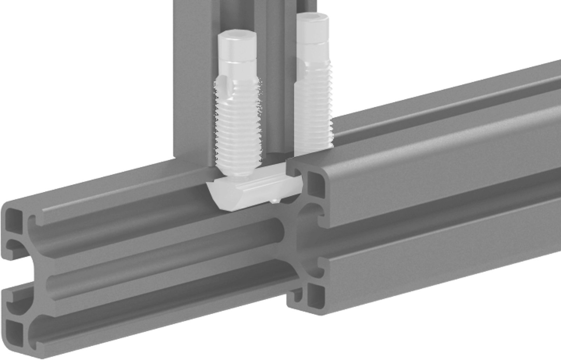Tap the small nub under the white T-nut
tap(275, 201)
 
